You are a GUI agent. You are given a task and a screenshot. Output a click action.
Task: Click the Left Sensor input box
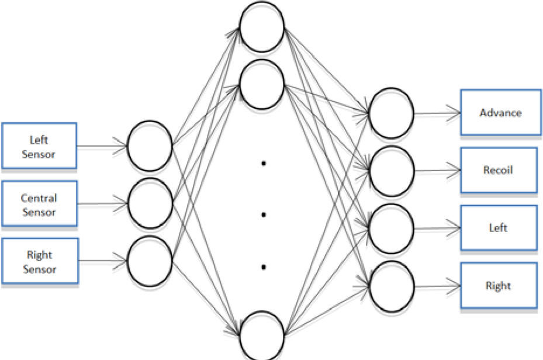point(39,146)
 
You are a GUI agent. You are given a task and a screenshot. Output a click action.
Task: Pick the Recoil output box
point(499,170)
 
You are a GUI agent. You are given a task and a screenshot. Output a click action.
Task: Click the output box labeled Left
point(499,228)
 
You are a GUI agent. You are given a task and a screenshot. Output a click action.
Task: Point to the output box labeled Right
point(499,286)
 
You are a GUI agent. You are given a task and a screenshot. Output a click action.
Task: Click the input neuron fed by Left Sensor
point(150,146)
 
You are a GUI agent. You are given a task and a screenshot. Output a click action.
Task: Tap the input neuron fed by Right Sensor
point(150,261)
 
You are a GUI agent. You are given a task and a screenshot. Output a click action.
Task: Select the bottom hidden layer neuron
point(262,335)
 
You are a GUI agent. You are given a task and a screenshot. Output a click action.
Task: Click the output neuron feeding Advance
point(392,113)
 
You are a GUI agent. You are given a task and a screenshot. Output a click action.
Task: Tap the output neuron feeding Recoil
point(392,171)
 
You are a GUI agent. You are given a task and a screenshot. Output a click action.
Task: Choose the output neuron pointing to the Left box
point(392,229)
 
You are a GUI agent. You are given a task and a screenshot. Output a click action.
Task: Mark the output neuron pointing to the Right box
point(392,286)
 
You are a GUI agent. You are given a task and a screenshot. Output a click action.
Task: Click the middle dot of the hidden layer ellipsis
point(264,215)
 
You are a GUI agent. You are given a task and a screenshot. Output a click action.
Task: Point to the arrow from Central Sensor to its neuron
point(102,204)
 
